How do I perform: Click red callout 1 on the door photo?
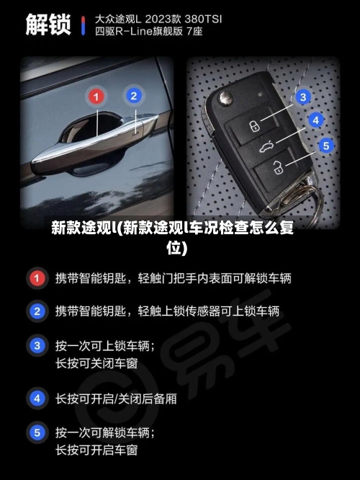(x=96, y=95)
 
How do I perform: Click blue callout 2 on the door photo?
(x=132, y=95)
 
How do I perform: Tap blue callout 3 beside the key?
(x=304, y=97)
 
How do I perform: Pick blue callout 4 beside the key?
(x=315, y=120)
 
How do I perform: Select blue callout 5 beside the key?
(x=325, y=146)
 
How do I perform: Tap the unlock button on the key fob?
(x=277, y=170)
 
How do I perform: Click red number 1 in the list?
(x=36, y=277)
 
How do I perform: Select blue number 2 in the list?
(x=36, y=311)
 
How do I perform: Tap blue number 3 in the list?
(x=36, y=346)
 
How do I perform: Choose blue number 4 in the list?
(x=36, y=397)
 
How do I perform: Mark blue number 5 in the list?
(x=36, y=432)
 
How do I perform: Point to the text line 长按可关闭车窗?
(x=96, y=364)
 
